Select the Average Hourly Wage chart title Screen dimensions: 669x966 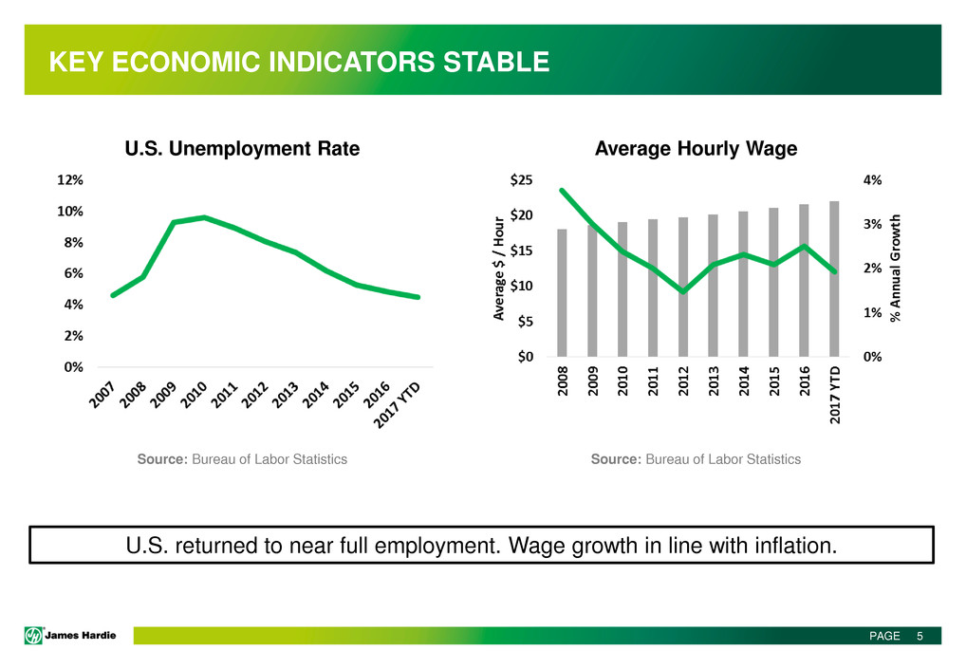pos(696,149)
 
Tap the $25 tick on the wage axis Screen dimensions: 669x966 pos(521,179)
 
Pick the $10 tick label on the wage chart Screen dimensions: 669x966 pos(521,286)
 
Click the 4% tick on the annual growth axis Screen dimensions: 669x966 pos(870,179)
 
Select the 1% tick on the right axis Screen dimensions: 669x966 pos(870,312)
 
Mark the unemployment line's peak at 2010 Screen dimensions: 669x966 pos(204,217)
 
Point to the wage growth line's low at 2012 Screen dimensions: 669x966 pos(682,291)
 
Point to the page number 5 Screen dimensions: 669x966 pos(920,636)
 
